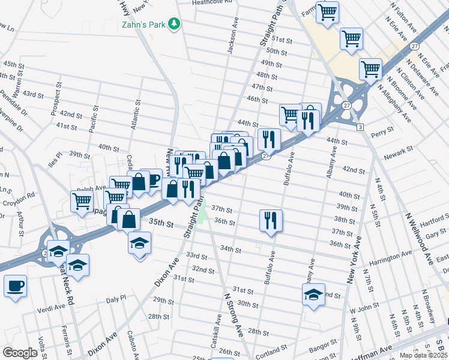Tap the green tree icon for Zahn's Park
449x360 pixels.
175,23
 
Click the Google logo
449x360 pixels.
20,353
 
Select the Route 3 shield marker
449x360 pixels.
360,127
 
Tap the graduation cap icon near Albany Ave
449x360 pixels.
313,295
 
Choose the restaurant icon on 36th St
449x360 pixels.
271,220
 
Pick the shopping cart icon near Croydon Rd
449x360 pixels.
82,201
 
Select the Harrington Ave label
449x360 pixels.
391,256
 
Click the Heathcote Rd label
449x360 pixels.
212,3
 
